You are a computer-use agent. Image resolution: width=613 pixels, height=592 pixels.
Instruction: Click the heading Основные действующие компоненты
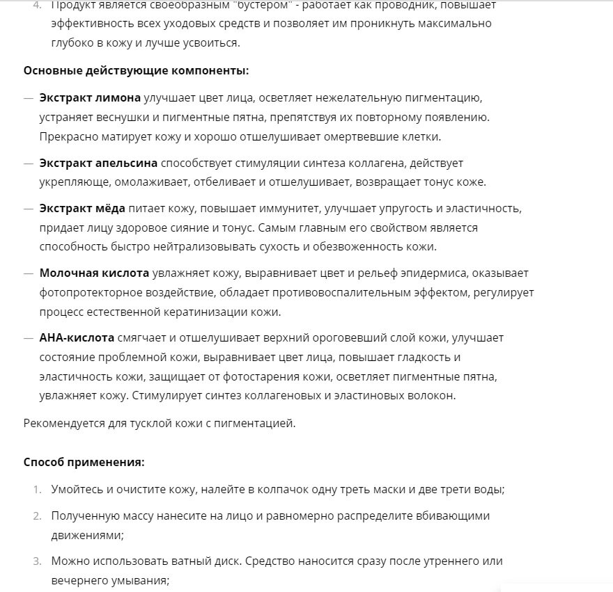[136, 71]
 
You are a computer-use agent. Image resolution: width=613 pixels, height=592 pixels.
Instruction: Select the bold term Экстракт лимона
[90, 97]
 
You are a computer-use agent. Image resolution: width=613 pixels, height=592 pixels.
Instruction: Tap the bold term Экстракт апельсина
[98, 163]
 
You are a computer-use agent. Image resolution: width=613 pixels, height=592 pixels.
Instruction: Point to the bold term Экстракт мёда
[82, 209]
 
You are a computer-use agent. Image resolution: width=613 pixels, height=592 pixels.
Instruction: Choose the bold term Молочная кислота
[94, 273]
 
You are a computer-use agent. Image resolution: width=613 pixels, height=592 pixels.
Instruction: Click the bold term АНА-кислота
[77, 338]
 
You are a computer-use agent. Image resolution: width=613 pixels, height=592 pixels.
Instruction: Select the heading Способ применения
[84, 462]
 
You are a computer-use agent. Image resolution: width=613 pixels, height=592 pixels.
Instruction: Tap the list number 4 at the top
[37, 5]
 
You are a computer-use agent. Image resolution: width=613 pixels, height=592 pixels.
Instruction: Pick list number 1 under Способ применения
[37, 489]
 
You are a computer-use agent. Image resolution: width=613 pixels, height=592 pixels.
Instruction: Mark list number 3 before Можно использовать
[37, 561]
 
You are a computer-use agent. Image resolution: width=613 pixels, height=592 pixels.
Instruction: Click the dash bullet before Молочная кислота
[29, 273]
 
